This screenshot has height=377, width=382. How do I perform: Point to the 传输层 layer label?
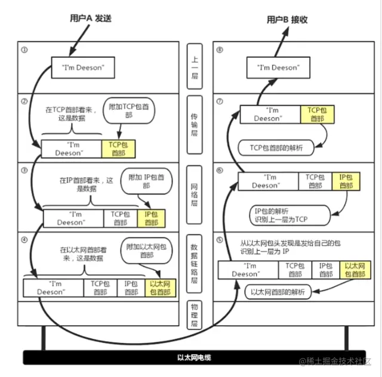click(x=195, y=125)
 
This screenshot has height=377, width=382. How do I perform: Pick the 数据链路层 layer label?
click(x=195, y=263)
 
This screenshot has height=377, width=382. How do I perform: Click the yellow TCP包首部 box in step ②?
click(x=117, y=149)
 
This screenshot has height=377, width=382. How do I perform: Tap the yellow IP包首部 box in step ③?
click(x=150, y=218)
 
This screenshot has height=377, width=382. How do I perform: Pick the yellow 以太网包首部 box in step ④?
click(x=160, y=288)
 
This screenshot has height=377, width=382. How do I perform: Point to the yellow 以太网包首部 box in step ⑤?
click(x=353, y=270)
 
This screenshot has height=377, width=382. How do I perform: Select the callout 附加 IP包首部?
click(x=144, y=182)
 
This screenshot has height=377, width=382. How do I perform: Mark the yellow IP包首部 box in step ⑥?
click(x=346, y=181)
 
